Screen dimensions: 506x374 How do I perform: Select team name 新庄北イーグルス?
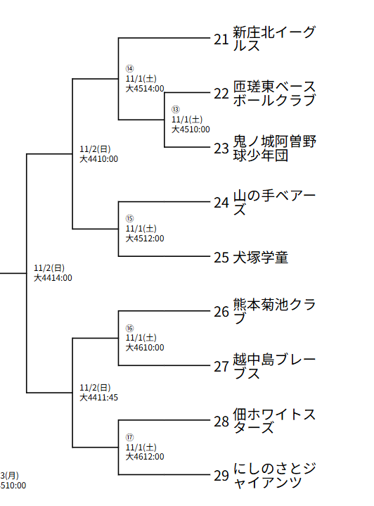click(274, 39)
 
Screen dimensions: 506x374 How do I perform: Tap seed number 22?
click(221, 94)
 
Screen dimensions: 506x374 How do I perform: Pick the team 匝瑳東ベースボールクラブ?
click(274, 94)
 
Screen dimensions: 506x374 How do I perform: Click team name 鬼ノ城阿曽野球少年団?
click(274, 148)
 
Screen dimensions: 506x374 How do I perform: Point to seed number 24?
click(221, 203)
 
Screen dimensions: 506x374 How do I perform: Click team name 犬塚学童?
click(261, 258)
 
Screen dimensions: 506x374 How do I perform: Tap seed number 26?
click(221, 312)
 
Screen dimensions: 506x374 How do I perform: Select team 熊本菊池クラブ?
click(274, 312)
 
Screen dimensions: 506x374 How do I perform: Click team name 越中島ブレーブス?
click(274, 366)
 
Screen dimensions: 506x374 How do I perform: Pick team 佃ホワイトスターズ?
click(274, 421)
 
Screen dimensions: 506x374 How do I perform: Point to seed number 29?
click(221, 476)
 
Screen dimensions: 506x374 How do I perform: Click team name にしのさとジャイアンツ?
click(274, 476)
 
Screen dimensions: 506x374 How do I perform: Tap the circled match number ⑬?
click(176, 110)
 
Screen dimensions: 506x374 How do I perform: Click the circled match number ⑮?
click(129, 219)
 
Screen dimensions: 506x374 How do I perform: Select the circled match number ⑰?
click(129, 437)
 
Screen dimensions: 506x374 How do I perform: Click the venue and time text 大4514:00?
click(145, 89)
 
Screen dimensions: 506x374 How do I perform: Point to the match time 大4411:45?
click(98, 398)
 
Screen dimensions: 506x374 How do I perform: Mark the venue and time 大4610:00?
click(145, 347)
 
